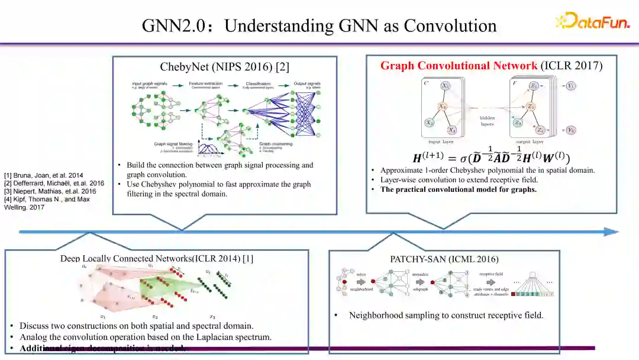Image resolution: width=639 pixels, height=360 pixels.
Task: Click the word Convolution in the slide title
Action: tap(450, 26)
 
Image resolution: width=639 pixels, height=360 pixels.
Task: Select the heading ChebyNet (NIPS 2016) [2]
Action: tap(225, 67)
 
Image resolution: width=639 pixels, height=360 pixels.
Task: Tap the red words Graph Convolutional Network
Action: tap(459, 66)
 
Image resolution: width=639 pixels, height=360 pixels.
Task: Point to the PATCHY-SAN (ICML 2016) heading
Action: tap(444, 259)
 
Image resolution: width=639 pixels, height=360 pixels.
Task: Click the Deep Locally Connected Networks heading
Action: tap(157, 259)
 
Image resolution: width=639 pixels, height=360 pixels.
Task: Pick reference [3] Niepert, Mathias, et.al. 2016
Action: tap(50, 191)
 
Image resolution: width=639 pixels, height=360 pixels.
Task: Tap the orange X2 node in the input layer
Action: tap(443, 107)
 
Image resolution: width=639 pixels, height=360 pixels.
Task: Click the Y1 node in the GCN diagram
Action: tap(570, 86)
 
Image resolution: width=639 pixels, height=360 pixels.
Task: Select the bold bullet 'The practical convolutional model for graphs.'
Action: tap(458, 189)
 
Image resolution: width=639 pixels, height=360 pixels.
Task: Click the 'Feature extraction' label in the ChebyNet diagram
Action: tap(205, 84)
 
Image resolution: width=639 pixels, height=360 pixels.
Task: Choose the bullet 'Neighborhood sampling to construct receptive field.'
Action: tap(446, 315)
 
